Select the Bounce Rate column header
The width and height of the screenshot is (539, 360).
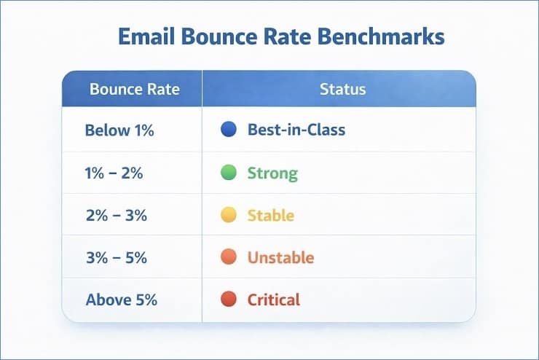tap(134, 90)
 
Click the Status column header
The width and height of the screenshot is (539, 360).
tap(342, 90)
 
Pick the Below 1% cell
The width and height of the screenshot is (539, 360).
tap(119, 131)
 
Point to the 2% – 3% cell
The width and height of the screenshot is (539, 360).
tap(117, 216)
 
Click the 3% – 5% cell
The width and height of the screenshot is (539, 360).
tap(117, 258)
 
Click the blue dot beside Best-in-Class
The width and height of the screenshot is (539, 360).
tap(228, 130)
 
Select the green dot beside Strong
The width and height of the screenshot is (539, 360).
tap(228, 173)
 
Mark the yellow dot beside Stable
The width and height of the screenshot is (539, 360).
tap(228, 215)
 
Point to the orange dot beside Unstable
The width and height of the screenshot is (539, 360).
tap(228, 257)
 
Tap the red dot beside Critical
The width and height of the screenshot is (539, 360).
tap(228, 299)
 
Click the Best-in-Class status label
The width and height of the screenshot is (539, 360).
tap(296, 131)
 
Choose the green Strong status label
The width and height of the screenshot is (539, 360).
tap(272, 173)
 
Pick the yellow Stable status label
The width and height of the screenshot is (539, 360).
tap(271, 216)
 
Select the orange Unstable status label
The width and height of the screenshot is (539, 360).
tap(280, 258)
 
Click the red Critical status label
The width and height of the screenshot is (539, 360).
tap(274, 300)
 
